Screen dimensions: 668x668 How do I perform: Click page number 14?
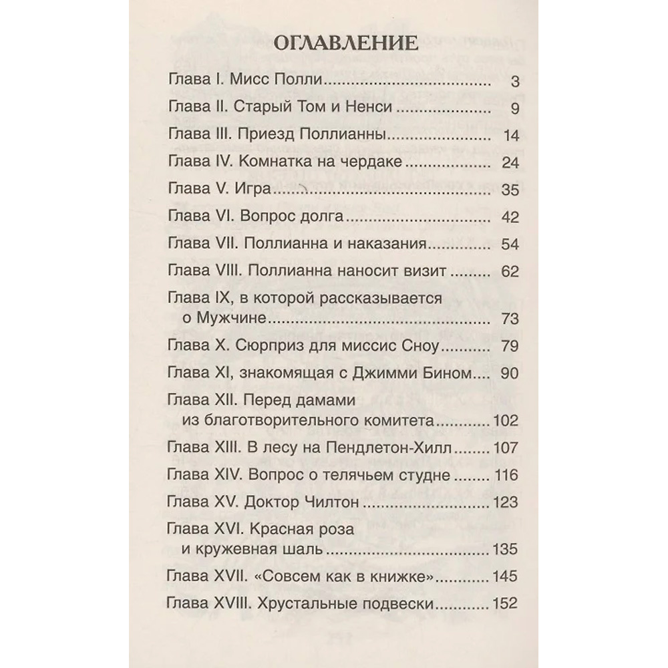511,136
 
